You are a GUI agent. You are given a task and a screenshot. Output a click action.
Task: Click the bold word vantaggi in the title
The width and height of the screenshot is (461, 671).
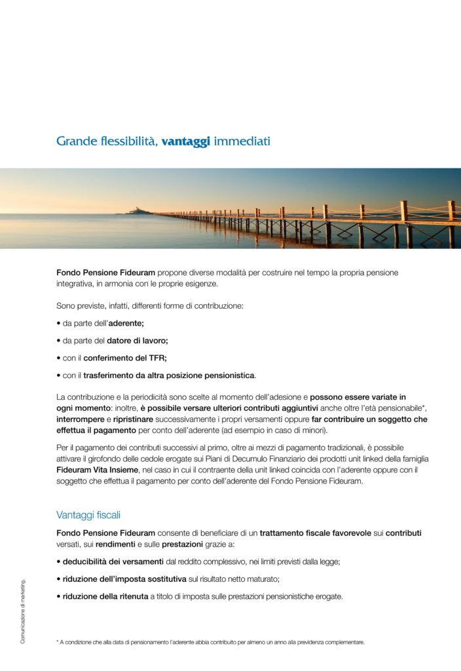pyautogui.click(x=185, y=141)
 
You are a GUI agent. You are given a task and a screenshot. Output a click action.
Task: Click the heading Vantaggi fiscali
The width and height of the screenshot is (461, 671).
pyautogui.click(x=88, y=515)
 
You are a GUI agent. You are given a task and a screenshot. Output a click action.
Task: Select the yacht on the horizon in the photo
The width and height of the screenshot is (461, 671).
pyautogui.click(x=139, y=210)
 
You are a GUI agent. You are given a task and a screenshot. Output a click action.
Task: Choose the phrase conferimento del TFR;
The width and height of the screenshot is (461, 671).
pyautogui.click(x=125, y=358)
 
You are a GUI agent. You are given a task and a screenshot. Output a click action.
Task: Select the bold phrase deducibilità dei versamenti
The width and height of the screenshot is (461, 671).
pyautogui.click(x=113, y=562)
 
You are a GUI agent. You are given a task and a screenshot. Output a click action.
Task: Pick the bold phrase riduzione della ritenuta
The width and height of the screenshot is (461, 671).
pyautogui.click(x=105, y=596)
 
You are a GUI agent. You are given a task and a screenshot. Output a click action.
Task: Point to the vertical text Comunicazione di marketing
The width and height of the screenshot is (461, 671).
pyautogui.click(x=23, y=611)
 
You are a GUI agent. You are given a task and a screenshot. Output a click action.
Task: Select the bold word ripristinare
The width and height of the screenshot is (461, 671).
pyautogui.click(x=137, y=419)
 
